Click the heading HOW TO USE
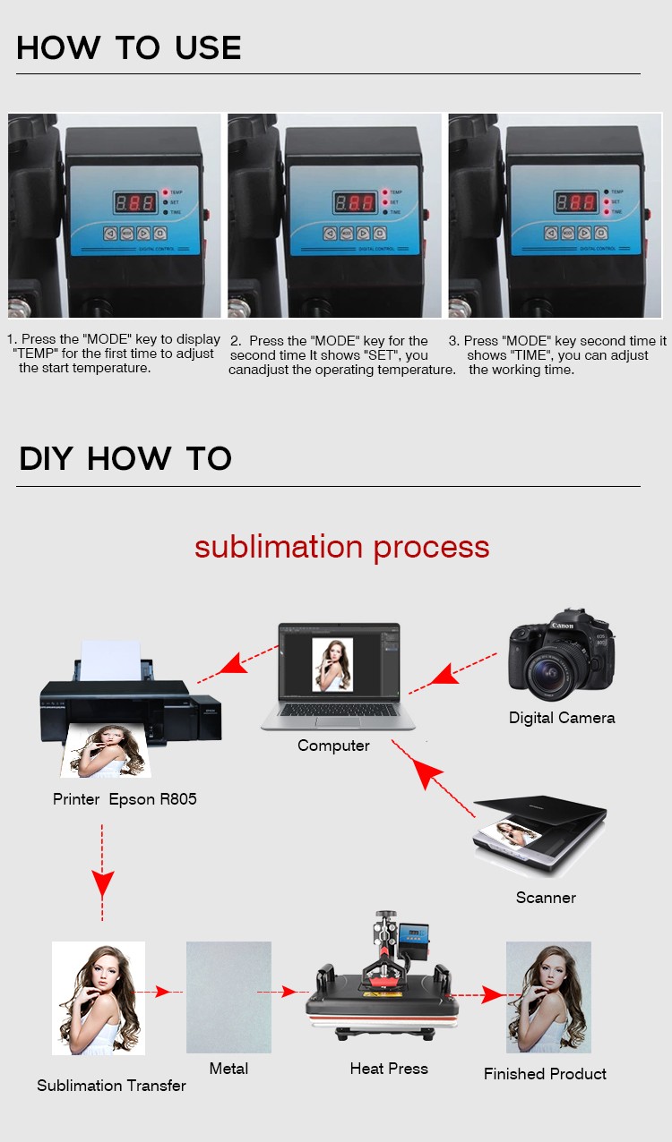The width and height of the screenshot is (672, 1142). (x=129, y=47)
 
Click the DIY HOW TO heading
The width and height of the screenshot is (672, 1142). (x=125, y=458)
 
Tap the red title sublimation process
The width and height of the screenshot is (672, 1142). (x=341, y=547)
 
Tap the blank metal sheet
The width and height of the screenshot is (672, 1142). (x=228, y=996)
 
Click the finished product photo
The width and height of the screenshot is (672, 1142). (x=548, y=997)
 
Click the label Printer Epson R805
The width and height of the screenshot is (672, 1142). (x=125, y=799)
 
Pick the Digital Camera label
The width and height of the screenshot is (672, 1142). (x=562, y=718)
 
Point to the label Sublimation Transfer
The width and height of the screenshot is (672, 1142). (x=111, y=1086)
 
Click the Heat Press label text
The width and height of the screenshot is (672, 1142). (x=389, y=1069)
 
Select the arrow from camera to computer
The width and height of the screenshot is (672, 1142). (x=452, y=670)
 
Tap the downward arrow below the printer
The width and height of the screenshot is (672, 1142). (x=103, y=873)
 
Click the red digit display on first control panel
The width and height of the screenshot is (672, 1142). (x=134, y=202)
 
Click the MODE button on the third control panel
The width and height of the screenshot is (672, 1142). (x=567, y=233)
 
